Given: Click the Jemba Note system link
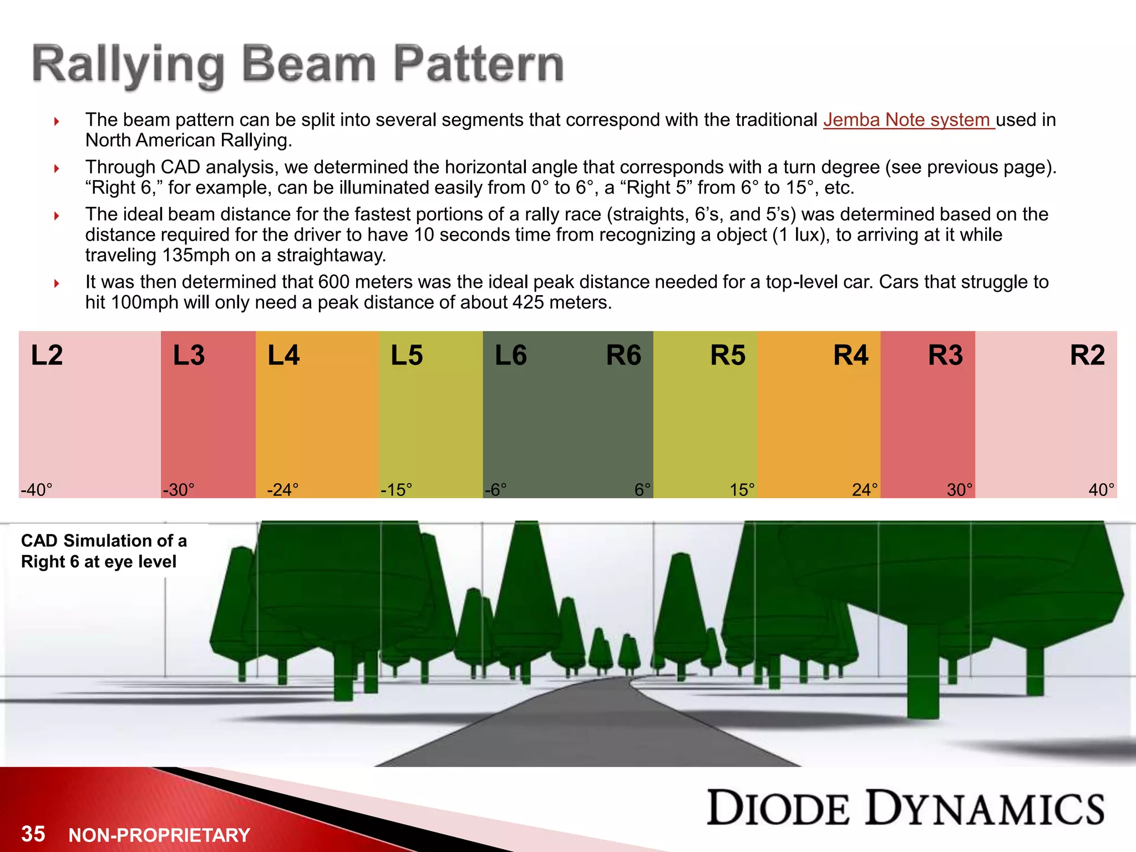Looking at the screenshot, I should point(908,120).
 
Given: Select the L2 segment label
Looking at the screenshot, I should point(47,355).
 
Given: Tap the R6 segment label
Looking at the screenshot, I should point(623,355).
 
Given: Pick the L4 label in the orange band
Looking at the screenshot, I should point(283,355).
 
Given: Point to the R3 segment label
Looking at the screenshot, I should point(945,355).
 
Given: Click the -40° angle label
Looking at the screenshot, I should point(37,490).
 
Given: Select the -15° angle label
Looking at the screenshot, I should point(396,490).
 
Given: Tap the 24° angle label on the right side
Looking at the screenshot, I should point(865,490).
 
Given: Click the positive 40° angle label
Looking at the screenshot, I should point(1101,490).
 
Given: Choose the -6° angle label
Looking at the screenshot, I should point(495,490).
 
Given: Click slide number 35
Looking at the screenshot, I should point(33,834).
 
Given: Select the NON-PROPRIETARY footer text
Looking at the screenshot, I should point(159,835).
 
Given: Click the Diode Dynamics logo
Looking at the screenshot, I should point(905,808).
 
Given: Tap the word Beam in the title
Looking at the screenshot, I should point(309,65).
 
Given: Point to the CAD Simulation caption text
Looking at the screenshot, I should point(104,551).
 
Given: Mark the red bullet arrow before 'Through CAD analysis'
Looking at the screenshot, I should point(57,168).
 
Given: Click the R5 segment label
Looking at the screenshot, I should point(728,355).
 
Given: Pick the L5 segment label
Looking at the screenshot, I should point(407,355).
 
